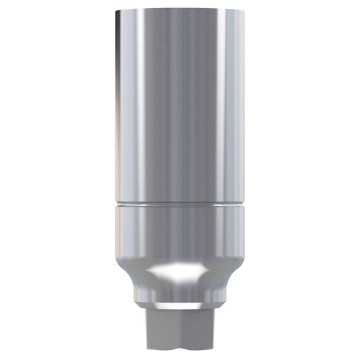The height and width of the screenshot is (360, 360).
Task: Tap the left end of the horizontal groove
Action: click(x=115, y=202)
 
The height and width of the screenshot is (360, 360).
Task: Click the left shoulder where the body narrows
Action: click(x=125, y=263)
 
